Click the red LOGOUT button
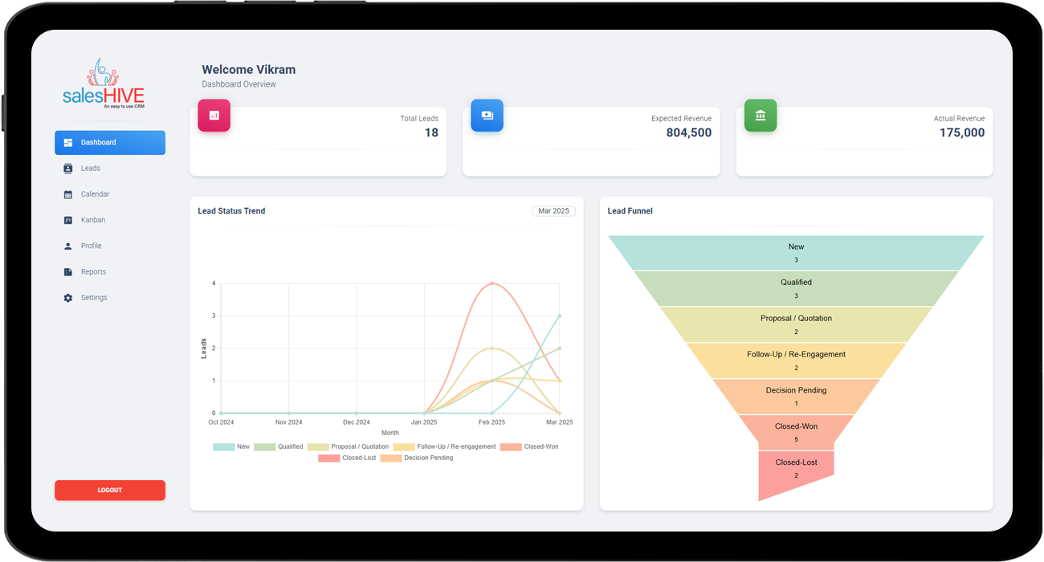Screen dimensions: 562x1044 click(x=110, y=490)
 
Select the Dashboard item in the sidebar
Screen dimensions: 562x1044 click(x=110, y=142)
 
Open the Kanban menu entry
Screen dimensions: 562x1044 click(x=92, y=220)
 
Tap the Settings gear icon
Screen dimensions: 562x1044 click(x=68, y=298)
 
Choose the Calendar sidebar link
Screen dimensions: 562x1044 click(x=94, y=194)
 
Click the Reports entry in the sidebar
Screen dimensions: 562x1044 click(x=92, y=272)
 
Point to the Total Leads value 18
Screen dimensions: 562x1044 click(x=431, y=133)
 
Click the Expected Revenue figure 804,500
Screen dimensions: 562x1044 click(x=688, y=133)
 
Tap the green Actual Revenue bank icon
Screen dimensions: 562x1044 click(x=760, y=116)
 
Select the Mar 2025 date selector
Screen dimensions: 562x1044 click(x=553, y=211)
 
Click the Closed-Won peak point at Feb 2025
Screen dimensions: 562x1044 click(x=491, y=283)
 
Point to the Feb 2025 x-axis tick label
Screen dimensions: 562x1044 click(x=491, y=422)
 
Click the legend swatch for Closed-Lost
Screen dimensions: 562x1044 click(x=328, y=458)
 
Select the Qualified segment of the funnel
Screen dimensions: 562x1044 click(x=796, y=288)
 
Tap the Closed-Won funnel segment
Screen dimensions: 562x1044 click(x=796, y=432)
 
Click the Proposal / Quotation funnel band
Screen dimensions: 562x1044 click(x=796, y=324)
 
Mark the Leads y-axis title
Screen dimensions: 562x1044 click(x=203, y=348)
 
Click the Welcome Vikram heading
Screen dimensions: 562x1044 click(x=248, y=70)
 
